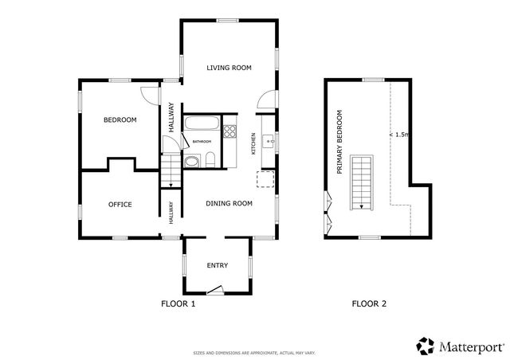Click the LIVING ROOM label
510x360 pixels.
(229, 68)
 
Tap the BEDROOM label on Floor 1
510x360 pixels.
(120, 120)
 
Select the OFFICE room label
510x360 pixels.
(120, 205)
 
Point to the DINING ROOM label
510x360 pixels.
(229, 204)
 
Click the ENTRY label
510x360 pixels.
(217, 265)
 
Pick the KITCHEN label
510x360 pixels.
(254, 143)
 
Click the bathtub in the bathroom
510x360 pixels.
(201, 124)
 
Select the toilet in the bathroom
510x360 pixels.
(210, 162)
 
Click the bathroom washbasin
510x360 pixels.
(192, 163)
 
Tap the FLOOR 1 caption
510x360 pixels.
(178, 303)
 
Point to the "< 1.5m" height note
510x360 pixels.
(399, 135)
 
